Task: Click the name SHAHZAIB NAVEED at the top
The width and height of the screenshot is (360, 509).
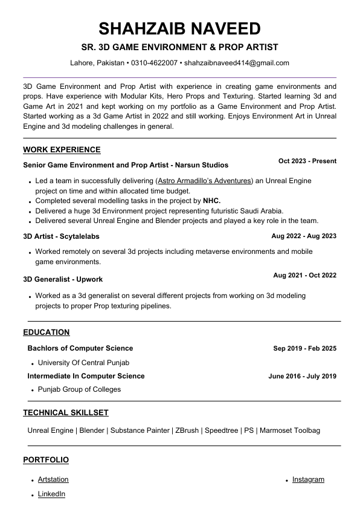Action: click(x=179, y=28)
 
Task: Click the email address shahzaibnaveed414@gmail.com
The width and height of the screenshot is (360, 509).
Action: click(x=236, y=63)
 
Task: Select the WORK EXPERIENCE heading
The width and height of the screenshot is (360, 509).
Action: click(x=62, y=150)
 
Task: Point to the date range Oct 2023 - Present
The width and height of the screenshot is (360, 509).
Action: click(x=307, y=161)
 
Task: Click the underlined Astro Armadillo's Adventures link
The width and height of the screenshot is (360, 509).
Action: click(x=204, y=181)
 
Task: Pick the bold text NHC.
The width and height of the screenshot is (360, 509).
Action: click(x=211, y=201)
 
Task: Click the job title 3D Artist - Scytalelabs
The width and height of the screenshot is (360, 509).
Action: click(x=61, y=236)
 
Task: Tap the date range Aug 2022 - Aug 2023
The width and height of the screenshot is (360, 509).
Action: click(x=304, y=236)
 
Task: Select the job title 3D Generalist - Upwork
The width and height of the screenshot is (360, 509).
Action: click(x=63, y=279)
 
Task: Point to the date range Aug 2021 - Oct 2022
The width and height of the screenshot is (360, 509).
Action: click(x=304, y=276)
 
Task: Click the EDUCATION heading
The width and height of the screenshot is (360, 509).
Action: click(x=47, y=332)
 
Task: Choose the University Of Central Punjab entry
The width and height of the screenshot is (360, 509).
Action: click(x=83, y=363)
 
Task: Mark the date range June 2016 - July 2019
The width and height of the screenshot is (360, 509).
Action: click(x=302, y=376)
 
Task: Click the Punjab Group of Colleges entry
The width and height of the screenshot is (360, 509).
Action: click(x=79, y=389)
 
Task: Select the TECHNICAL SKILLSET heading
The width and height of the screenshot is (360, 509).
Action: click(x=66, y=413)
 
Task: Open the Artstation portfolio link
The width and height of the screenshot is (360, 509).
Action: click(x=53, y=479)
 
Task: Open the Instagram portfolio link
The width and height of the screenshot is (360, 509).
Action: click(x=308, y=479)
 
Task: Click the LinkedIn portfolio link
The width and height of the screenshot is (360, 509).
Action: click(x=51, y=494)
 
